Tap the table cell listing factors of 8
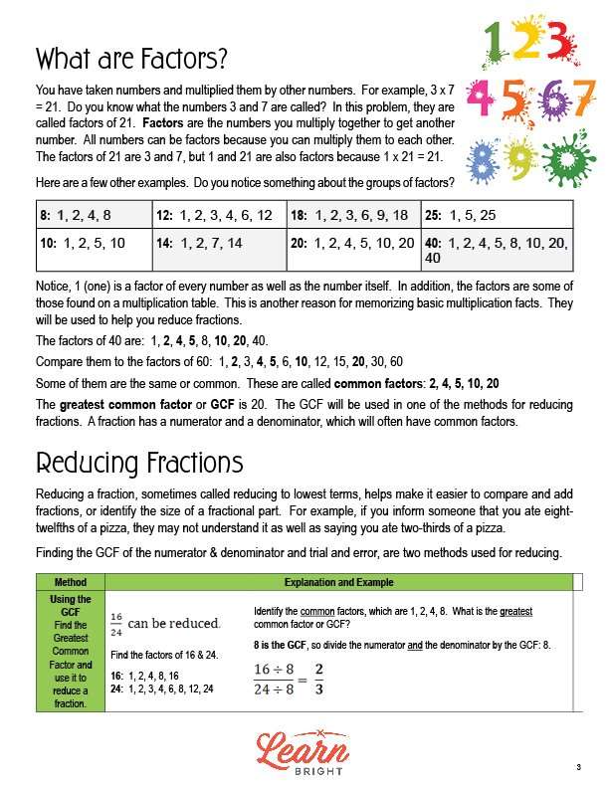[x=92, y=215]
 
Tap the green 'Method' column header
[x=71, y=582]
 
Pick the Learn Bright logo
[x=304, y=747]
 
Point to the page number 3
[x=577, y=767]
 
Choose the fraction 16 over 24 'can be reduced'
[x=165, y=624]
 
